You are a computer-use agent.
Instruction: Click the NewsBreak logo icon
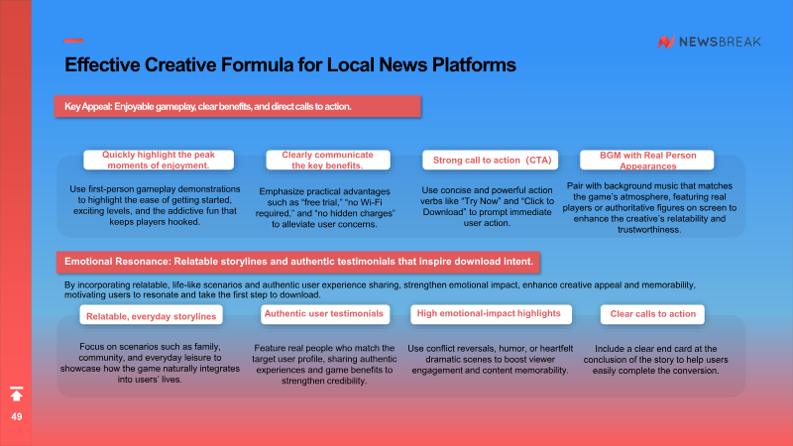[666, 42]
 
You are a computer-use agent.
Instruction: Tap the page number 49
[17, 416]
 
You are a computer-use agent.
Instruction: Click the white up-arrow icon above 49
[17, 393]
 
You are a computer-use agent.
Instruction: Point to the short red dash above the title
[73, 41]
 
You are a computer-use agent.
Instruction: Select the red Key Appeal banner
[238, 106]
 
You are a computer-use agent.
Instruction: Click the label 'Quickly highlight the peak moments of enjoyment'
[159, 160]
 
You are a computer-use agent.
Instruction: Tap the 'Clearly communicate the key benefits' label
[328, 160]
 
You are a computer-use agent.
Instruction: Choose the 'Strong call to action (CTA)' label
[491, 160]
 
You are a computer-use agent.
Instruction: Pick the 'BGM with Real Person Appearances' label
[647, 161]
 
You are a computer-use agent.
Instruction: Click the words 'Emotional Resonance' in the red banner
[117, 262]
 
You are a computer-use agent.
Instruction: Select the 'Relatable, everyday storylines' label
[152, 316]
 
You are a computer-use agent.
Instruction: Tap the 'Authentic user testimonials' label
[324, 314]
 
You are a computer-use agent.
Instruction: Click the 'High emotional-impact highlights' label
[489, 314]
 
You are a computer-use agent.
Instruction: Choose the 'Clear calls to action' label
[653, 314]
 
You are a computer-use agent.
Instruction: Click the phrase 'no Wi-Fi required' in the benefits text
[323, 208]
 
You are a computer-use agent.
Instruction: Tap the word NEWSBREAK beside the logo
[720, 42]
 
